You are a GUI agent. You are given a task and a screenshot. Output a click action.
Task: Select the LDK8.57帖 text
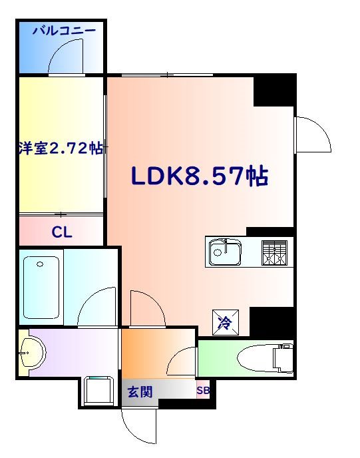click(x=199, y=176)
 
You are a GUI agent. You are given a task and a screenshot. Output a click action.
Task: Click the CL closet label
click(x=61, y=232)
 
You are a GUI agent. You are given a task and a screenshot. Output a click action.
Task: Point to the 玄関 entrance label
click(x=140, y=392)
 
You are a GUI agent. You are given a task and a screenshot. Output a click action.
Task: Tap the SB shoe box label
click(x=203, y=391)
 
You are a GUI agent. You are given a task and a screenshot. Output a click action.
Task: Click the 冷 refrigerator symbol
click(x=224, y=324)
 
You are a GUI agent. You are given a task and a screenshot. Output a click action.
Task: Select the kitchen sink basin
click(x=226, y=252)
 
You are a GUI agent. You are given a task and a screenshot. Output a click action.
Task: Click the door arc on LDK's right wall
click(x=313, y=134)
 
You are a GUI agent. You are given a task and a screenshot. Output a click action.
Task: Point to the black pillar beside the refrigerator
click(x=271, y=322)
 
